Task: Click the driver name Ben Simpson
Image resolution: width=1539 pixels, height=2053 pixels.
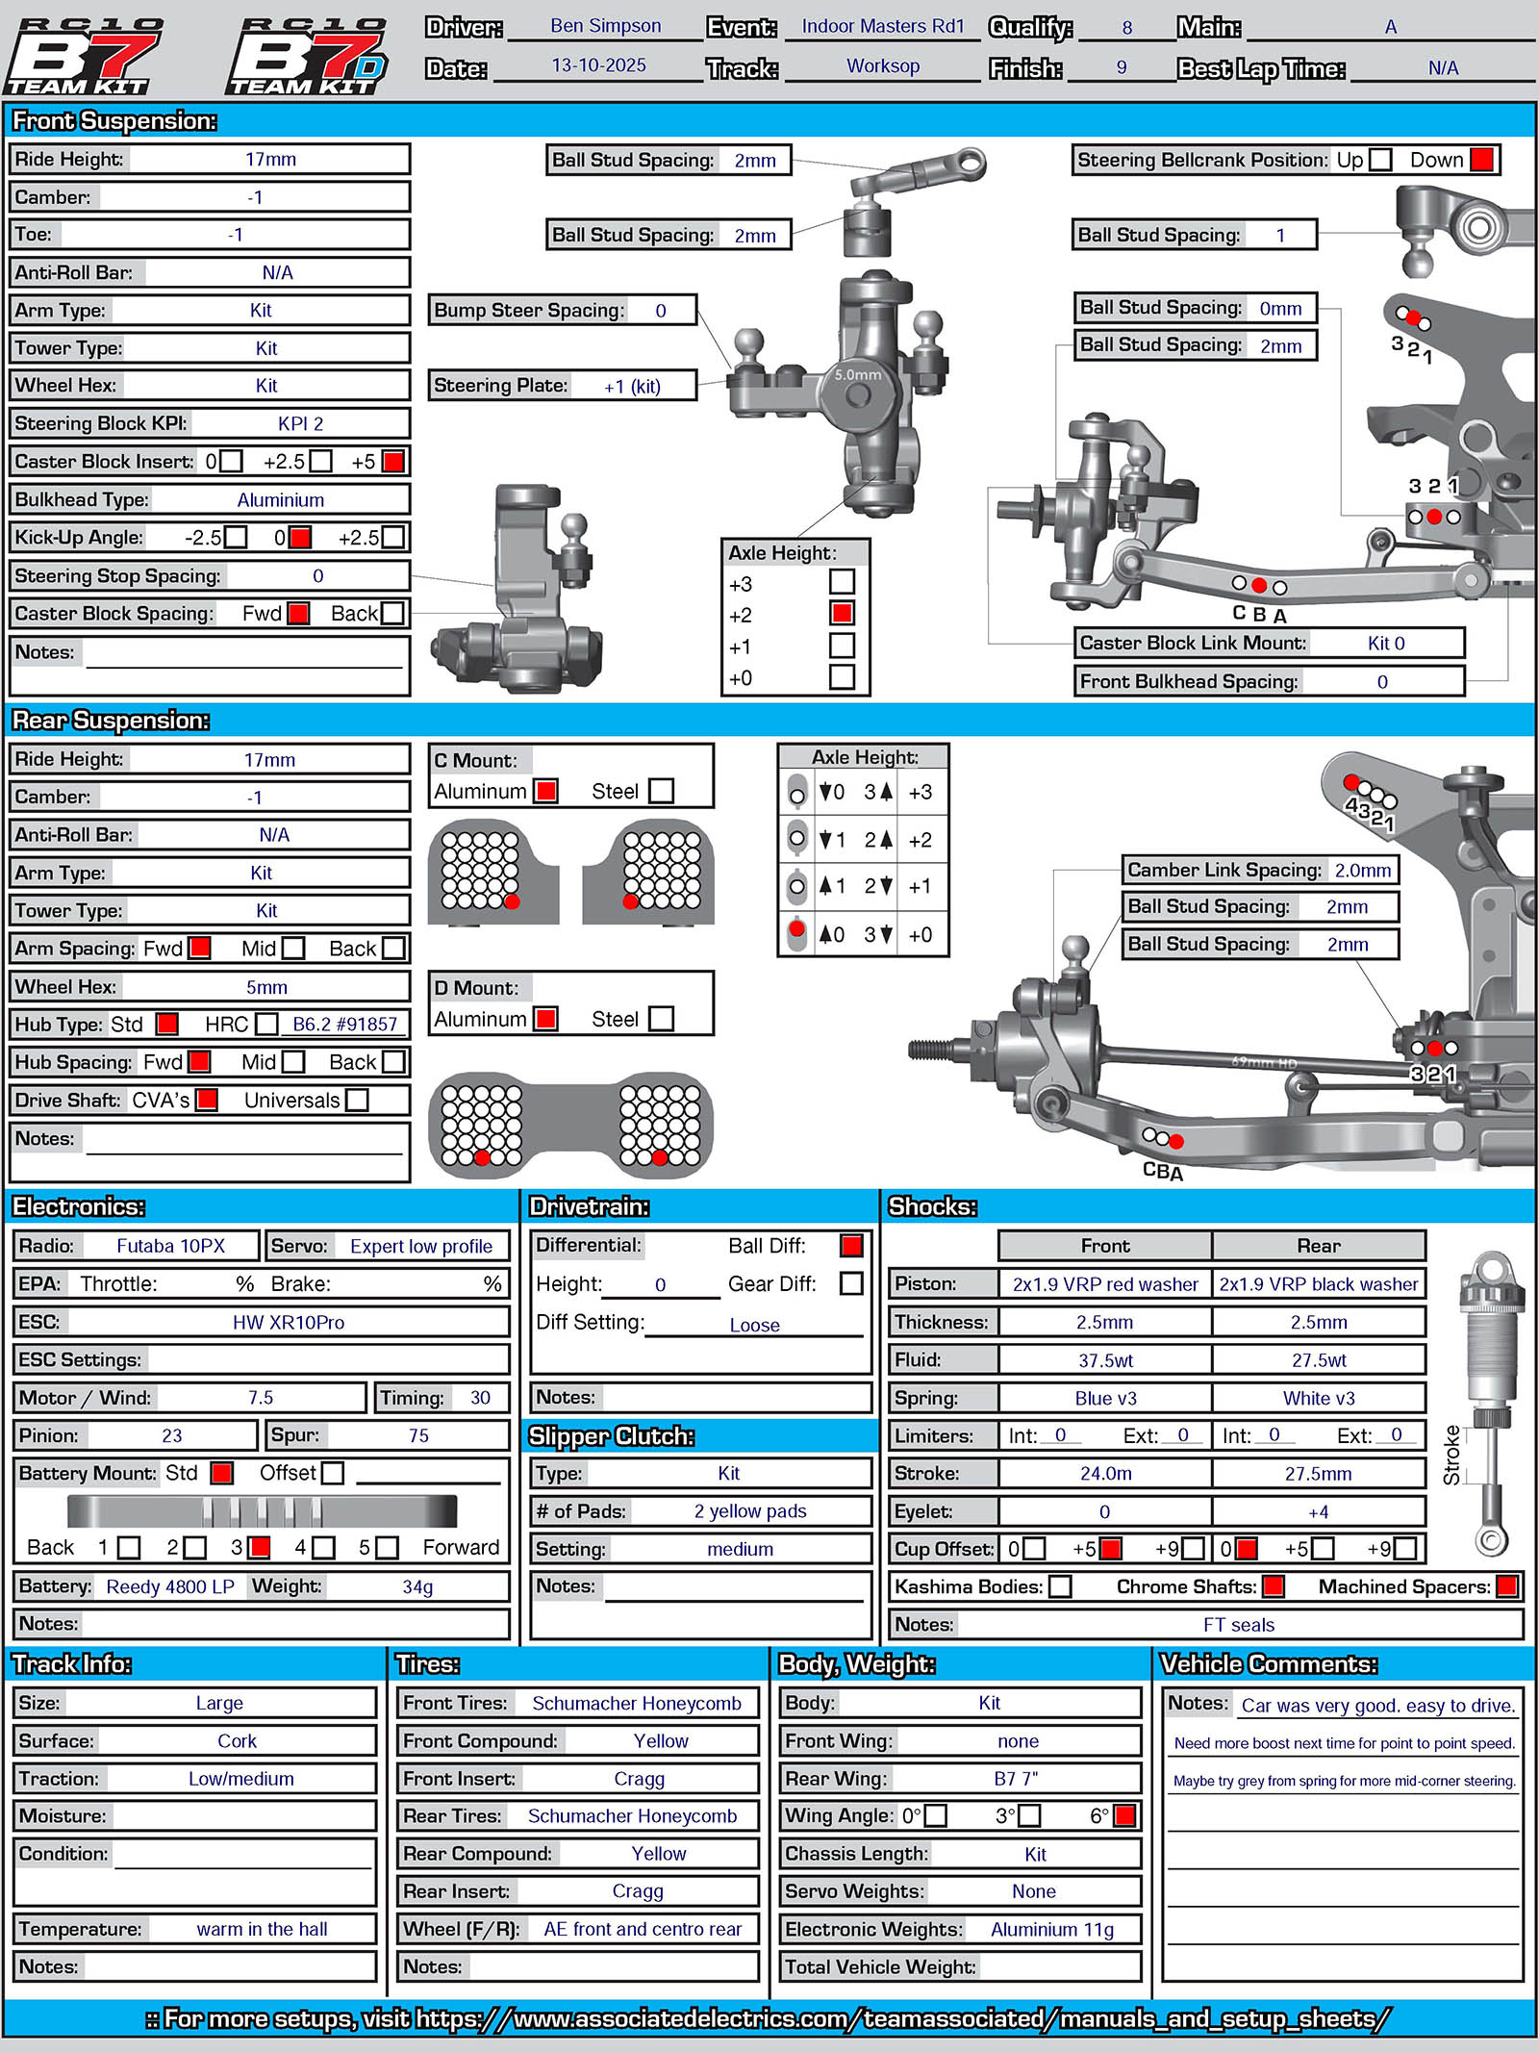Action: click(605, 26)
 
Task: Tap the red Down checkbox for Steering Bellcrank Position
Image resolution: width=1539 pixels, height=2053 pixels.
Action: click(1482, 160)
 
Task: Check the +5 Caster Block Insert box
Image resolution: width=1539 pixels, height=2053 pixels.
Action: click(392, 462)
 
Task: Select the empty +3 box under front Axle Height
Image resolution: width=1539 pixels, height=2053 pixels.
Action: click(842, 582)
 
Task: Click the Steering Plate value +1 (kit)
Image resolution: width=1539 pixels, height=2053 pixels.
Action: click(632, 387)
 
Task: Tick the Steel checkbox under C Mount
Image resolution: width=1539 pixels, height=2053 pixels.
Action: click(661, 791)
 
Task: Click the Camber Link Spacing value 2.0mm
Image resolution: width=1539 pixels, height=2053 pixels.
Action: click(1362, 871)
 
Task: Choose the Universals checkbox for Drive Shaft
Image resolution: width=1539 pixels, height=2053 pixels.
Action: click(357, 1100)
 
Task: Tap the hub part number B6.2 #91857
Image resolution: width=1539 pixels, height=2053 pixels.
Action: click(344, 1025)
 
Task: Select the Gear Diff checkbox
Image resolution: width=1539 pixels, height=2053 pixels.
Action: click(851, 1283)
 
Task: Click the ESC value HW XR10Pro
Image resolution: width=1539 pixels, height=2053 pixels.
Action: click(288, 1323)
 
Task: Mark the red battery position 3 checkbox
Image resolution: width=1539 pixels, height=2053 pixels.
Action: click(259, 1547)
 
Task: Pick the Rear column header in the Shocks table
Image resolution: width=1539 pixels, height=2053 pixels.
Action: click(1318, 1246)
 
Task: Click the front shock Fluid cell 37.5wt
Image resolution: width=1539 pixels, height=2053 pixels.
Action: click(1105, 1360)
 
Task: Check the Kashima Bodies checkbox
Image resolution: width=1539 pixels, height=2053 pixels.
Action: click(1060, 1586)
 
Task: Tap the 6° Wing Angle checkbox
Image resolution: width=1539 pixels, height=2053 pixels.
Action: click(1123, 1815)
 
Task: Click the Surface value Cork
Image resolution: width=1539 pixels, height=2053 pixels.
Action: click(237, 1741)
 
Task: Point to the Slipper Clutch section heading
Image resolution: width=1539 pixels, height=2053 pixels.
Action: click(611, 1436)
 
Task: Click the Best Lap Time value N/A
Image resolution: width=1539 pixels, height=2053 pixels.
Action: click(1442, 68)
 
